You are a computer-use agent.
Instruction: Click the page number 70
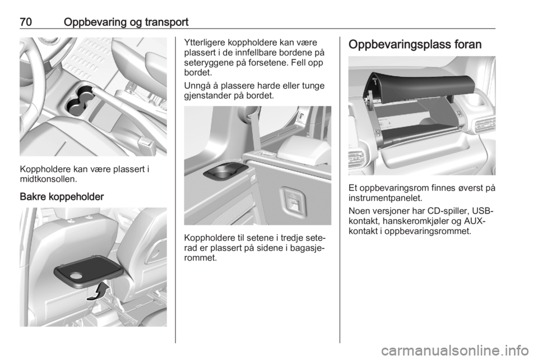[26, 22]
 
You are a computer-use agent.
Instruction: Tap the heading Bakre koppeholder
[62, 197]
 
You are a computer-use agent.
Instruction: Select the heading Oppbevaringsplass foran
[415, 45]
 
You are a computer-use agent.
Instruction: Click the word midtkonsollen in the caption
[47, 179]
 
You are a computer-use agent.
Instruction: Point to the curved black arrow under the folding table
[99, 292]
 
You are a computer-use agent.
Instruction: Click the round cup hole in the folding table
[76, 275]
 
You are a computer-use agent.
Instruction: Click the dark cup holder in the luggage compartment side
[225, 170]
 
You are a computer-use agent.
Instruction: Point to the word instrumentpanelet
[385, 198]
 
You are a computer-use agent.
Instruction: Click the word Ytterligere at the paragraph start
[205, 43]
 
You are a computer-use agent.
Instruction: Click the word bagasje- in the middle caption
[308, 248]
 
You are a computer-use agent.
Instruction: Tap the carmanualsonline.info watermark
[455, 350]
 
